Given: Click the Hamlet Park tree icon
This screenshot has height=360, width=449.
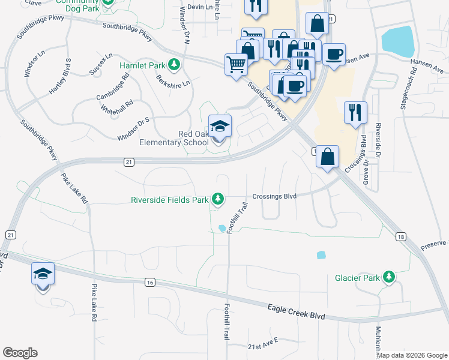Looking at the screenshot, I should tap(174, 64).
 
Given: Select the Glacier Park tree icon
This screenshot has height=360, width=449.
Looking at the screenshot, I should tap(390, 277).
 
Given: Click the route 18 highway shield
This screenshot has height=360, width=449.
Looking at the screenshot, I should tap(400, 237).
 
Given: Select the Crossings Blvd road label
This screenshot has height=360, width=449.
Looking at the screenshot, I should tap(275, 196).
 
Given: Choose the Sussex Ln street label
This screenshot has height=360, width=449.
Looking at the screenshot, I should tap(100, 64).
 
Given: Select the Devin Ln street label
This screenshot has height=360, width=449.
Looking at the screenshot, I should tap(200, 7).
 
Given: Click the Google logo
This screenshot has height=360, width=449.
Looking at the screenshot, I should tap(20, 353).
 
